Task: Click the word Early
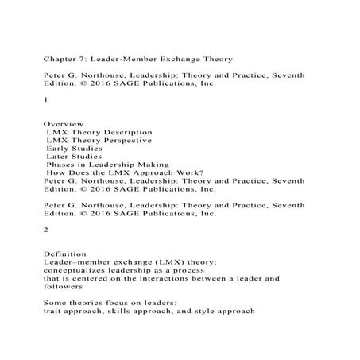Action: click(56, 149)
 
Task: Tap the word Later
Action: click(57, 157)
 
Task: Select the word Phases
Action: click(61, 165)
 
